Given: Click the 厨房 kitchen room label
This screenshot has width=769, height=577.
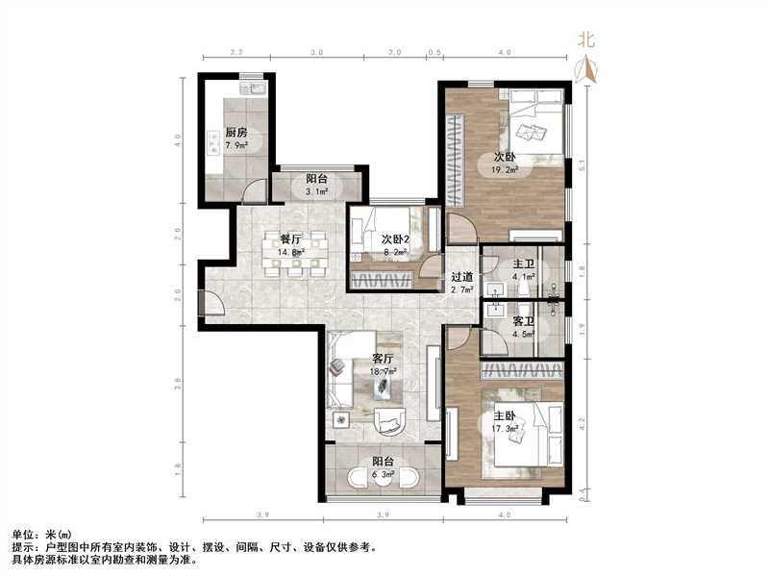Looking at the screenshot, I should click(236, 134).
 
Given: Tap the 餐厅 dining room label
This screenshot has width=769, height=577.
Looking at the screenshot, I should click(291, 240).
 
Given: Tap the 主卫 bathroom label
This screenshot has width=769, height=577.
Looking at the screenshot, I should click(523, 264).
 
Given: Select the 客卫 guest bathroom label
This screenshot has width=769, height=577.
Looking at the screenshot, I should click(523, 321).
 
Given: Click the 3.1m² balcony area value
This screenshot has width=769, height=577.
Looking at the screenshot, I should click(317, 191).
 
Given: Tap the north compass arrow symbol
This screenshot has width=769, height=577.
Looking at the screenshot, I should click(586, 67).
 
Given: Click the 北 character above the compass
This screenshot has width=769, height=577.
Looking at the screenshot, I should click(586, 39).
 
